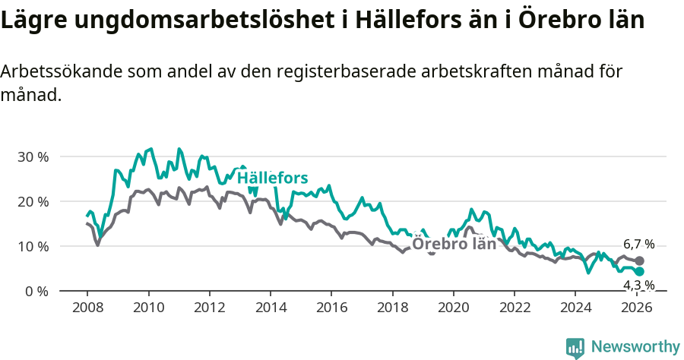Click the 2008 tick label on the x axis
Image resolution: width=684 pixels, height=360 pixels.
(87, 308)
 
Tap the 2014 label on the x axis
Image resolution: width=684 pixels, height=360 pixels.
(271, 308)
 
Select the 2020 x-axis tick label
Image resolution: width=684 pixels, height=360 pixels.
(454, 308)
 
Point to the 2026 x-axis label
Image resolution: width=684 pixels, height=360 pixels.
(637, 308)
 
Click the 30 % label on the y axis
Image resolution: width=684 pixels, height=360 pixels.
(33, 157)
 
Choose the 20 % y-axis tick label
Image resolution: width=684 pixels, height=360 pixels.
(33, 202)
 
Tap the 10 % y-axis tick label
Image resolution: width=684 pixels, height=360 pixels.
(33, 247)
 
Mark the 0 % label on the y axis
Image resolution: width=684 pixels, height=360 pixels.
(36, 292)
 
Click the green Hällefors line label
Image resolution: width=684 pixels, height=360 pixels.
(272, 178)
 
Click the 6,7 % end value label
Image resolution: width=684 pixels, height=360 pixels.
(638, 245)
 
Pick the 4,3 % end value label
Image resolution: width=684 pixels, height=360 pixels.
(638, 286)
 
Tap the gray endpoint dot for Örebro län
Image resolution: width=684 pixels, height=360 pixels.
(639, 261)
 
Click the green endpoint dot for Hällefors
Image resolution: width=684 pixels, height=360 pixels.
(639, 272)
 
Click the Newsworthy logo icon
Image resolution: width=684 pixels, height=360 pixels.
(575, 348)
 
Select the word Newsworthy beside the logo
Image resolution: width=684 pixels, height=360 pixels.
(635, 347)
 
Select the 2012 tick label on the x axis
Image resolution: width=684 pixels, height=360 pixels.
(209, 308)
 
